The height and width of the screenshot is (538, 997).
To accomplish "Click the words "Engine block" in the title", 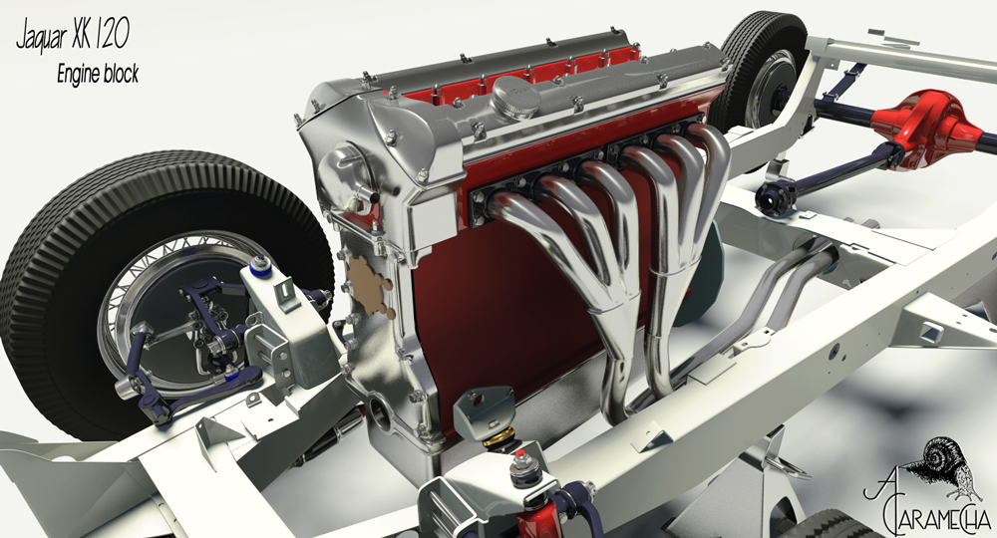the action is point(98,74).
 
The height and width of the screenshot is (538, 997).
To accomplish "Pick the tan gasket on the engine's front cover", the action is point(369,285).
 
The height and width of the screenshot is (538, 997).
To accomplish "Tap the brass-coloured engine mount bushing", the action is point(498,437).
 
